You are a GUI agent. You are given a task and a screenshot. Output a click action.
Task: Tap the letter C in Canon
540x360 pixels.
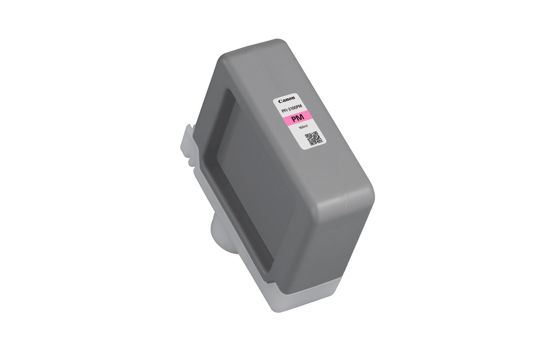click(280, 101)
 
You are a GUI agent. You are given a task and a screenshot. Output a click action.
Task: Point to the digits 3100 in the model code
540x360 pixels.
click(293, 108)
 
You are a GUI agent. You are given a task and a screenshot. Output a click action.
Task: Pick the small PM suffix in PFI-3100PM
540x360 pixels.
click(301, 106)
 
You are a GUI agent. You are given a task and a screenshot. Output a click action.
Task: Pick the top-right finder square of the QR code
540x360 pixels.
click(315, 134)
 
